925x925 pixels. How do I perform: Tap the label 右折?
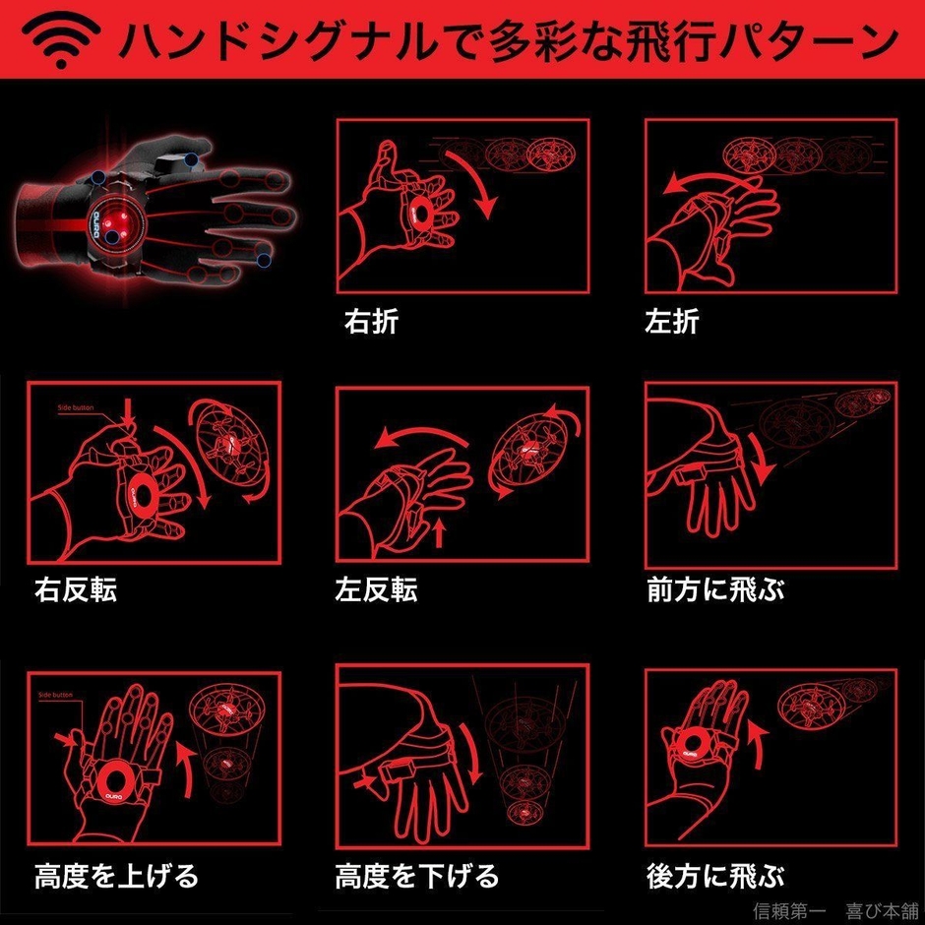coord(371,322)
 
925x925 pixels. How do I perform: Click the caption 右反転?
coord(76,589)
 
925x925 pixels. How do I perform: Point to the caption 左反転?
coord(376,589)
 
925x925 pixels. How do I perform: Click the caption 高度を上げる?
coord(116,874)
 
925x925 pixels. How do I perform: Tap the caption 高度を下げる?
coord(417,874)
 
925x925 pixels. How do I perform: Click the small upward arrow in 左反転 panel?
coord(440,534)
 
